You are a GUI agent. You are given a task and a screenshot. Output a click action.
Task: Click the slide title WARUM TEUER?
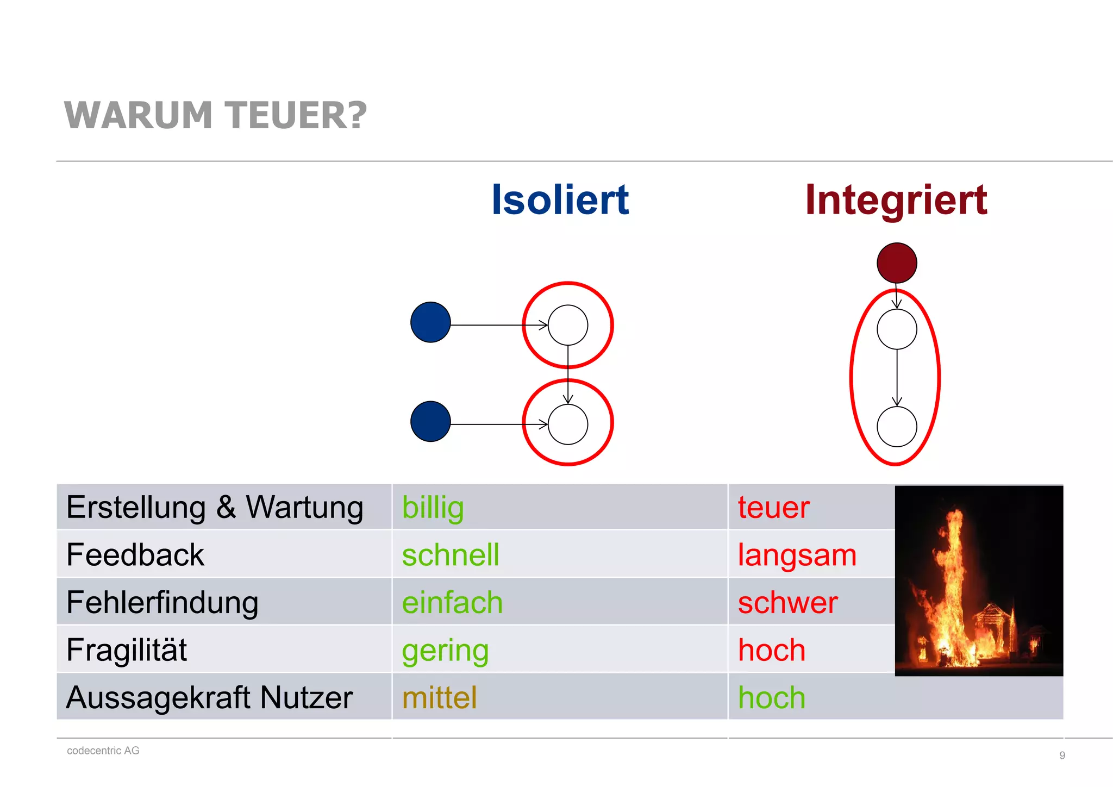pos(215,115)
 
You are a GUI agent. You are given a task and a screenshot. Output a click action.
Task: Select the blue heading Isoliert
pos(560,199)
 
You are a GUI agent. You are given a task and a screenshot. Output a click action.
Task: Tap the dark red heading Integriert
pos(896,199)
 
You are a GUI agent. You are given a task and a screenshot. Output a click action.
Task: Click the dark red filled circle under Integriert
pos(897,263)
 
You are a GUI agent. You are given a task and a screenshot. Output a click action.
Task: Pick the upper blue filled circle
pos(430,322)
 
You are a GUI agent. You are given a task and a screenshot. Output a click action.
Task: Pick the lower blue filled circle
pos(430,421)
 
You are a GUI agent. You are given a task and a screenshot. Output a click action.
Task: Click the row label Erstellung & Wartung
pos(215,508)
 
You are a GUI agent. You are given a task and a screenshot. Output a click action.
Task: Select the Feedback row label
pos(135,555)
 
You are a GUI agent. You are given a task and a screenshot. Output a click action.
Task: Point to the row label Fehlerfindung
pos(162,603)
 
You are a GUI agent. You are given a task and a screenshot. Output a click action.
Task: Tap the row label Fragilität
pos(127,650)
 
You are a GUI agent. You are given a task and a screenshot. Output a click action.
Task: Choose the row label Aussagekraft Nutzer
pos(209,697)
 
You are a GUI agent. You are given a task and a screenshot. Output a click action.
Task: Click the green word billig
pos(433,508)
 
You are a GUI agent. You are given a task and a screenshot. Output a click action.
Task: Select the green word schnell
pos(451,555)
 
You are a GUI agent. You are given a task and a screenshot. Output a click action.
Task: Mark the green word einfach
pos(452,603)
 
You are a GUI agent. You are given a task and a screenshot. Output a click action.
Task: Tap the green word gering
pos(445,651)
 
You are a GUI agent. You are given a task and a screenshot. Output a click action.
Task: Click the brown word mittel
pos(439,697)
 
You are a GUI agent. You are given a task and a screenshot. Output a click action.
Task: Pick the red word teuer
pos(773,508)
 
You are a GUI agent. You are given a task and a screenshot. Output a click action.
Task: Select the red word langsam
pos(797,555)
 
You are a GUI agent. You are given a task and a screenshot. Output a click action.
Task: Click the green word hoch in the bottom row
pos(772,697)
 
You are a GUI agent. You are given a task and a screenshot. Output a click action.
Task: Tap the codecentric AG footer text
pos(103,751)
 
